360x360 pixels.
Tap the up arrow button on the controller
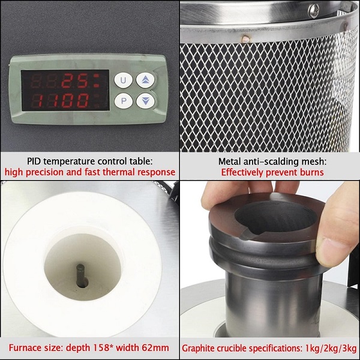tap(145, 80)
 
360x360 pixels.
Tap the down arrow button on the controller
tap(145, 101)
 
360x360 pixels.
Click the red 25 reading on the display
tap(75, 81)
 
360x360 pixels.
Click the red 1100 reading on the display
tap(60, 101)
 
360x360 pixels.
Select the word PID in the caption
tap(34, 161)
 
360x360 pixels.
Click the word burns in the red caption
tap(312, 172)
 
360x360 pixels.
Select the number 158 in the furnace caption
tap(102, 347)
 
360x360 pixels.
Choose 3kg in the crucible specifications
tap(349, 348)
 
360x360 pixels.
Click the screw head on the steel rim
tap(314, 11)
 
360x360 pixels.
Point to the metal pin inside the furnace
tap(82, 275)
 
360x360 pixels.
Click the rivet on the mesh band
tap(245, 39)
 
